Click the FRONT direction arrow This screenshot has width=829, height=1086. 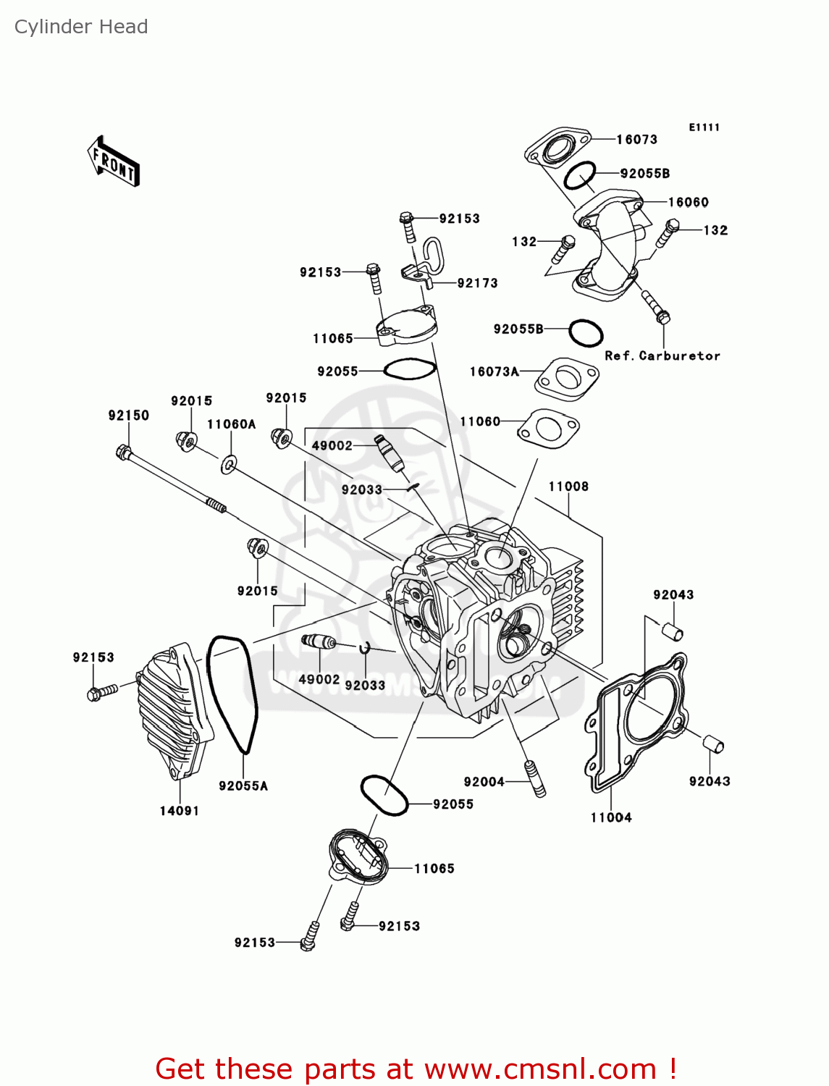113,161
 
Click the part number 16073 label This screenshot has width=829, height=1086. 636,139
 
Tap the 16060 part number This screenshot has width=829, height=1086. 688,202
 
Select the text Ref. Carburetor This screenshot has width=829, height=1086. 662,355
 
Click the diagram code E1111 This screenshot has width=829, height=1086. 704,127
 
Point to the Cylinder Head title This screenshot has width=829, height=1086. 81,27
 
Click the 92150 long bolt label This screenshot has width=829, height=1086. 129,415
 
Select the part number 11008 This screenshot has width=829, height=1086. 568,487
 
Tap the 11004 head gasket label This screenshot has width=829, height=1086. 611,817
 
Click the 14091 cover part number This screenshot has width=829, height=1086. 180,811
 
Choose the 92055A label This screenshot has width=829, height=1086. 243,786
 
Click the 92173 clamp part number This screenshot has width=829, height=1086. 477,283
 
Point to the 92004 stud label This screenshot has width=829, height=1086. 484,781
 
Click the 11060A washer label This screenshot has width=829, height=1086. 232,424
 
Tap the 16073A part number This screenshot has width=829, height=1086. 495,371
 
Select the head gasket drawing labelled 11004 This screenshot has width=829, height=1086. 637,717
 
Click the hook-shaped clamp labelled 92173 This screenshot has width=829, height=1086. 427,261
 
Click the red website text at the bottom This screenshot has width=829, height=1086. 416,1069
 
